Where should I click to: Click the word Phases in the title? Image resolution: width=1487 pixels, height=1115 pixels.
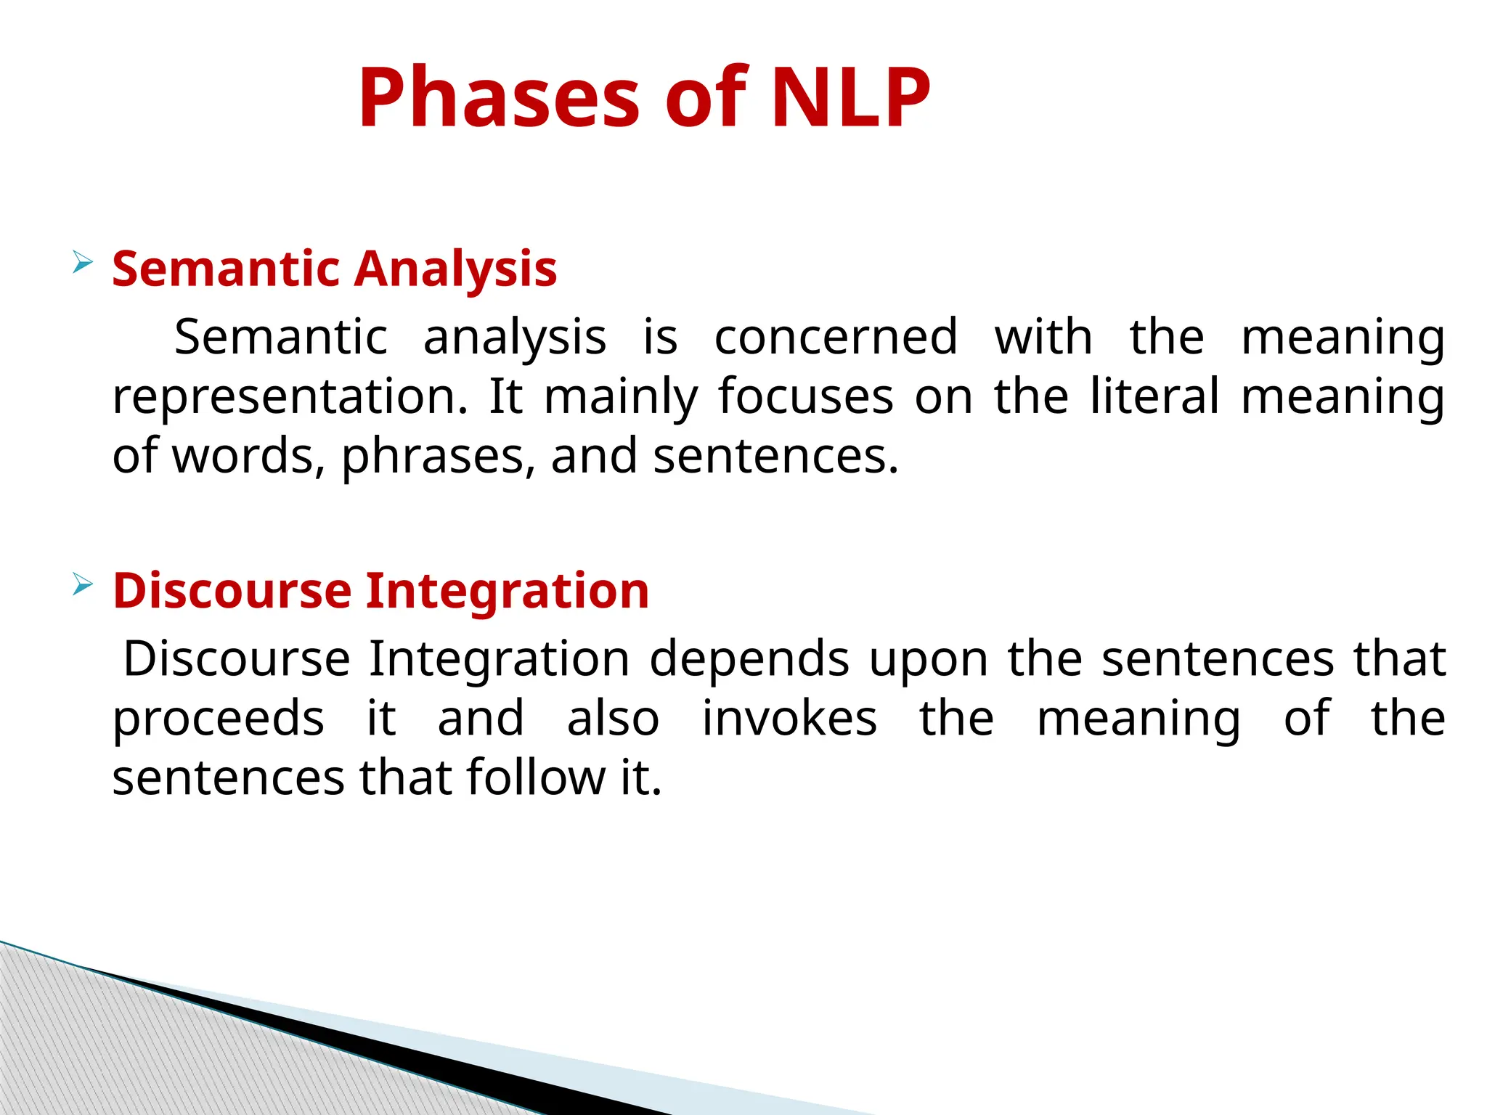499,98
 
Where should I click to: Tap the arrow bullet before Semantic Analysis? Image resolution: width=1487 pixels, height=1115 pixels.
83,262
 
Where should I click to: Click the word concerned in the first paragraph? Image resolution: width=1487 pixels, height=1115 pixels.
836,338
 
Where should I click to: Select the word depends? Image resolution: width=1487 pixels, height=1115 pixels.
749,660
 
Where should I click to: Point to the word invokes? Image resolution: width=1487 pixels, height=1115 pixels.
789,719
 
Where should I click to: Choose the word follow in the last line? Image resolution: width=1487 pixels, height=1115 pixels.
535,778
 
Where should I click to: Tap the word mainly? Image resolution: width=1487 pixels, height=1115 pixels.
621,398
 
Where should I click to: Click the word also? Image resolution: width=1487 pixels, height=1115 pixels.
613,719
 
